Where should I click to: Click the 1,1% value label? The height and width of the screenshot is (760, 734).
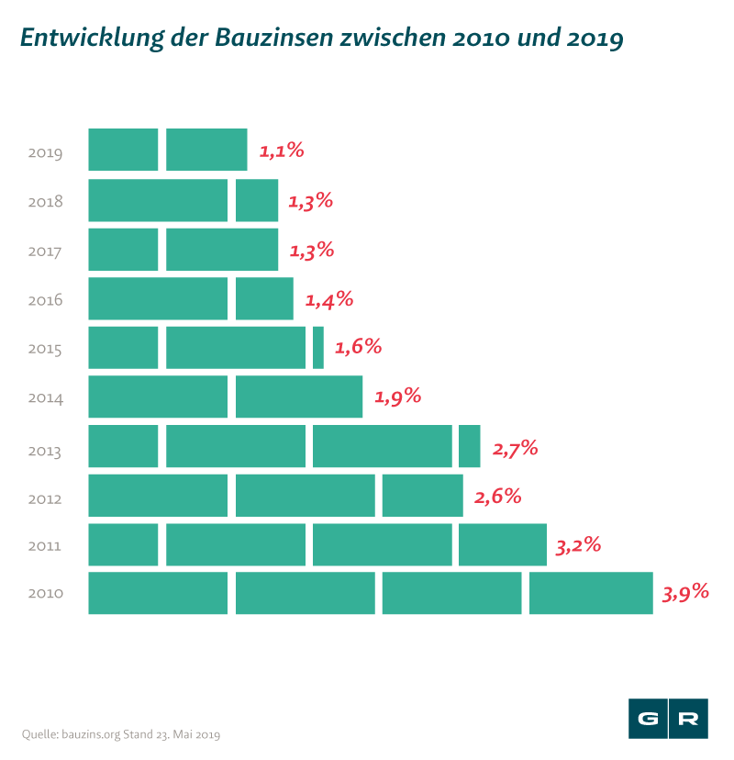pyautogui.click(x=281, y=151)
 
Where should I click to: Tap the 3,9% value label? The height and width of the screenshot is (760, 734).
pyautogui.click(x=685, y=592)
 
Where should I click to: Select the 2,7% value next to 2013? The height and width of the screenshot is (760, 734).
pyautogui.click(x=515, y=449)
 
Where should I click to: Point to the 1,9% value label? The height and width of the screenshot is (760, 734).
pyautogui.click(x=397, y=397)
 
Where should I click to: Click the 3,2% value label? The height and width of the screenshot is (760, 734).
pyautogui.click(x=578, y=546)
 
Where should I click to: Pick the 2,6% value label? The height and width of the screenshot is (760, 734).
pyautogui.click(x=498, y=497)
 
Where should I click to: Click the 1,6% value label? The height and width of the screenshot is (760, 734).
pyautogui.click(x=358, y=347)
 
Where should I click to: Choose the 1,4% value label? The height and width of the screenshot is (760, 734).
pyautogui.click(x=328, y=298)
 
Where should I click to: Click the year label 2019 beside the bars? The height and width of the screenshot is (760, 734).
pyautogui.click(x=45, y=152)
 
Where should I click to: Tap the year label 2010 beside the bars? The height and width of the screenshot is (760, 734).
pyautogui.click(x=45, y=594)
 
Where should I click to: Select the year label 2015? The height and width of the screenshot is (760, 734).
pyautogui.click(x=45, y=350)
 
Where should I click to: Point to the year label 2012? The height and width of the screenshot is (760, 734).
pyautogui.click(x=45, y=499)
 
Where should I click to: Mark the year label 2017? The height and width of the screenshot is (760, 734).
pyautogui.click(x=45, y=251)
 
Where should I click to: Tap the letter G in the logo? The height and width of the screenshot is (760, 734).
pyautogui.click(x=648, y=719)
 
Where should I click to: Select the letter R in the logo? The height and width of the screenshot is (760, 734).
pyautogui.click(x=688, y=719)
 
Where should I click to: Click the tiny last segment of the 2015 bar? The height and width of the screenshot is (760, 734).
pyautogui.click(x=317, y=348)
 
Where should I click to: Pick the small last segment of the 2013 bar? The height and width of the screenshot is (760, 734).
pyautogui.click(x=469, y=447)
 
